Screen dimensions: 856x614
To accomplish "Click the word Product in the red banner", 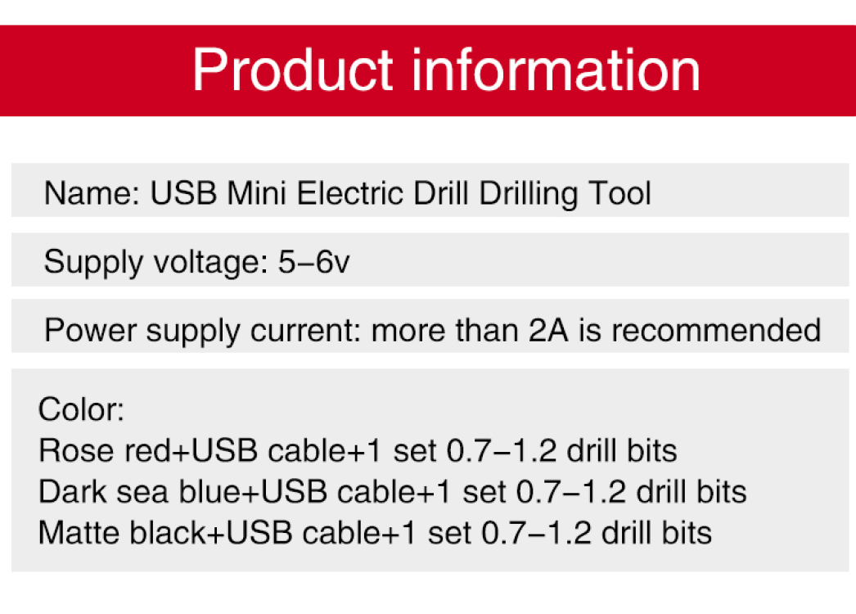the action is pyautogui.click(x=293, y=70).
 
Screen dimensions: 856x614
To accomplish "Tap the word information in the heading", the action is pyautogui.click(x=556, y=70).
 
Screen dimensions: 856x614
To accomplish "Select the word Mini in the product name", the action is pyautogui.click(x=257, y=193).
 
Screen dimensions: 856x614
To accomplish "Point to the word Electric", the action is pyautogui.click(x=350, y=193).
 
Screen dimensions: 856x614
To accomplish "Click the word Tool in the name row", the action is pyautogui.click(x=619, y=193).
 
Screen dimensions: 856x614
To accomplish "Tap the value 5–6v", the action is pyautogui.click(x=314, y=262).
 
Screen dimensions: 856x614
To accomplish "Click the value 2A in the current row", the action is pyautogui.click(x=548, y=330).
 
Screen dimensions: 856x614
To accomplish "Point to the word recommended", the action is pyautogui.click(x=716, y=330).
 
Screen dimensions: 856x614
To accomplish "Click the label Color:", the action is pyautogui.click(x=81, y=409).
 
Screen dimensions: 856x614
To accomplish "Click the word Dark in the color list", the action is pyautogui.click(x=73, y=492).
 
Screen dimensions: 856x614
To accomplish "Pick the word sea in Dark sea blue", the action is pyautogui.click(x=142, y=492).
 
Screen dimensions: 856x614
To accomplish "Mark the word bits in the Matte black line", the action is pyautogui.click(x=687, y=533).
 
